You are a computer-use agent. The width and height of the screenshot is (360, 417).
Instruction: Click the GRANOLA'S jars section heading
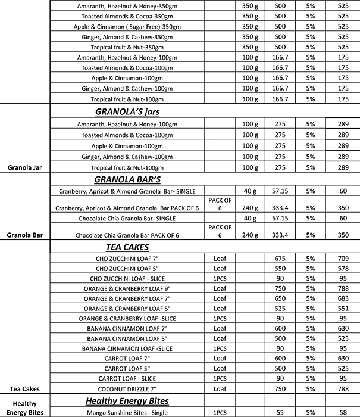(x=128, y=111)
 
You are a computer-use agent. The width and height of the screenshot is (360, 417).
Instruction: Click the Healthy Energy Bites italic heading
(x=128, y=401)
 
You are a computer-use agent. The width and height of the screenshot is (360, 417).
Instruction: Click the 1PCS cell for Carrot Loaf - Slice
(x=220, y=378)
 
